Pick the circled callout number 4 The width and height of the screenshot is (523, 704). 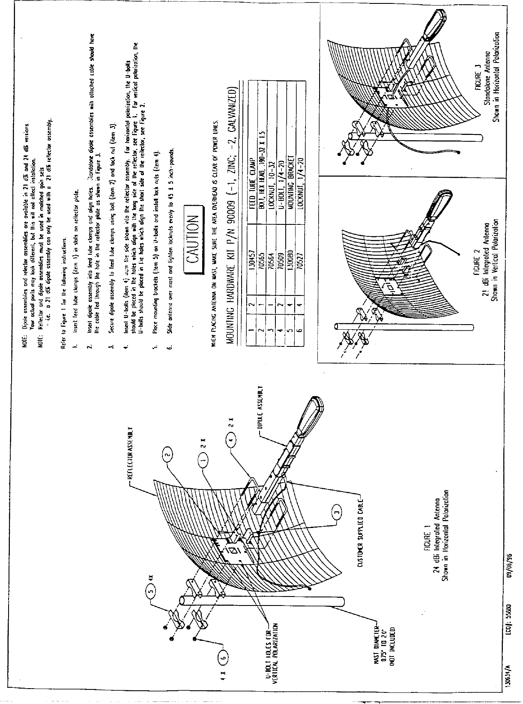pos(231,440)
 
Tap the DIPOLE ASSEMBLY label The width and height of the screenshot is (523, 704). pos(260,407)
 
